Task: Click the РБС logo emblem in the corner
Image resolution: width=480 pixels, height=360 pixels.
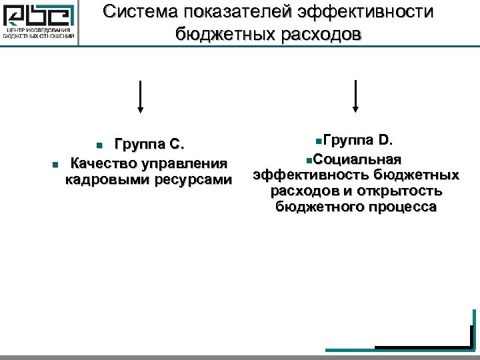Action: point(39,15)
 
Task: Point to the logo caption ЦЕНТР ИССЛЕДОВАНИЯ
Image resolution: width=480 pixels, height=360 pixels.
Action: point(39,31)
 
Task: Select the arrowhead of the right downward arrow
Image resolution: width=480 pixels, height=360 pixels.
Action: point(355,109)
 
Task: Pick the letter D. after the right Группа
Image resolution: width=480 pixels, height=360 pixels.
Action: point(386,140)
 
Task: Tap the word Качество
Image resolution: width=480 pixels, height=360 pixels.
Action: point(101,163)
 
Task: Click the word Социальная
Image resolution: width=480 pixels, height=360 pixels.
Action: point(357,159)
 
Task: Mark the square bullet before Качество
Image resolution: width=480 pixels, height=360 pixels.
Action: point(55,164)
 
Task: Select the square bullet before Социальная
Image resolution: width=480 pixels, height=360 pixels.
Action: point(307,159)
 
